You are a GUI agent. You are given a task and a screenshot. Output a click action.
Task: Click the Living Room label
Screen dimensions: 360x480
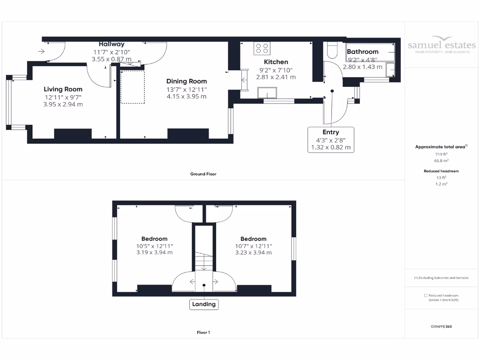(x=63, y=89)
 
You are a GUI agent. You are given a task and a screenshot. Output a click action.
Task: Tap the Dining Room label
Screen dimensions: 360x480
(x=186, y=81)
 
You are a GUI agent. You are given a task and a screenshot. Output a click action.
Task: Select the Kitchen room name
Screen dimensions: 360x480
(x=276, y=62)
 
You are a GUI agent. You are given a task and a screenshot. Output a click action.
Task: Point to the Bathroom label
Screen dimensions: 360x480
(x=362, y=52)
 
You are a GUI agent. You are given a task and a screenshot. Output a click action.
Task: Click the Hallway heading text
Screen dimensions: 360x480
(x=111, y=44)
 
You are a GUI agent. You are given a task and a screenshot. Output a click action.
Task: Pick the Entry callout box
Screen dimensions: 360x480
(x=330, y=140)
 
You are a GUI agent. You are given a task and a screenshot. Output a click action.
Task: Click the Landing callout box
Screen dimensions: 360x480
(x=204, y=304)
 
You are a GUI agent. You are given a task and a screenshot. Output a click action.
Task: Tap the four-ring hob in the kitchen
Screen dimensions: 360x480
(x=262, y=48)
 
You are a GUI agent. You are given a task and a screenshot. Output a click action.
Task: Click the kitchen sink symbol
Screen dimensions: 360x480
(x=268, y=92)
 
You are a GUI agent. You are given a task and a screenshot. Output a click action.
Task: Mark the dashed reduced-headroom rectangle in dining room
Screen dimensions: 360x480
(x=133, y=87)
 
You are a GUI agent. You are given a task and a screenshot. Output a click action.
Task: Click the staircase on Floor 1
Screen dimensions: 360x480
(x=204, y=260)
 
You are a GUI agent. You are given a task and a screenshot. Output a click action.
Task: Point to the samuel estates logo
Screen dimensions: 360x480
(x=441, y=45)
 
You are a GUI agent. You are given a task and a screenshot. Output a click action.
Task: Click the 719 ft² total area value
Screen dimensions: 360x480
(x=441, y=154)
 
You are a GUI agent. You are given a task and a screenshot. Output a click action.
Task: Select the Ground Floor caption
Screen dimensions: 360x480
(x=203, y=174)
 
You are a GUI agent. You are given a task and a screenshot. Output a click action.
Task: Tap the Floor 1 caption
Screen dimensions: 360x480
(x=203, y=332)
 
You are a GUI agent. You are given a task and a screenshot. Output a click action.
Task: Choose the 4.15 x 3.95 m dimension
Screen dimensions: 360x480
(x=186, y=97)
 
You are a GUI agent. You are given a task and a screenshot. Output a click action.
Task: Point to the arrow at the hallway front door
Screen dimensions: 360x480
(x=42, y=51)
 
